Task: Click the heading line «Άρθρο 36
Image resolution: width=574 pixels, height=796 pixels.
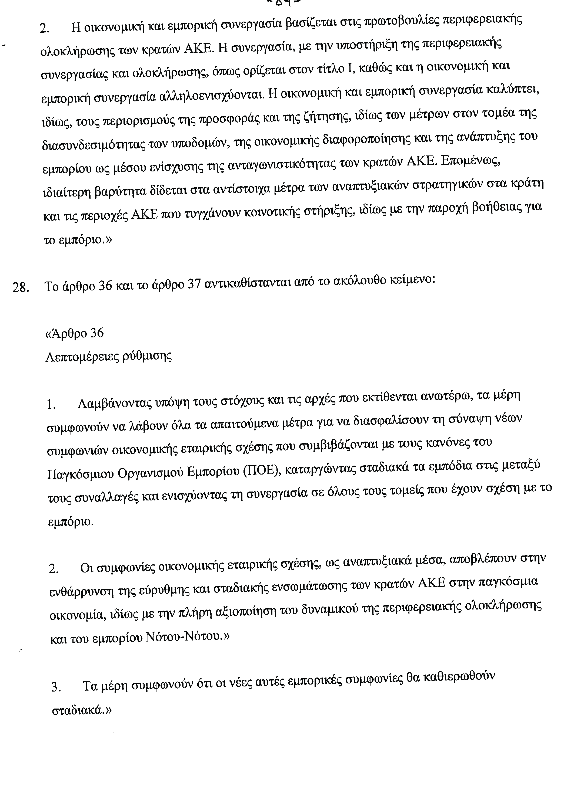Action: coord(75,333)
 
